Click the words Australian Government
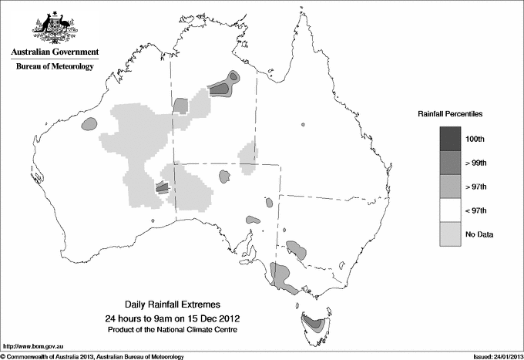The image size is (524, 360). pyautogui.click(x=55, y=52)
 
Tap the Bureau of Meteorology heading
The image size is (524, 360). pyautogui.click(x=55, y=67)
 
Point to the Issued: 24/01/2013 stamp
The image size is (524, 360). pyautogui.click(x=497, y=356)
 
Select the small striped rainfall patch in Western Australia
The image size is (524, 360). pyautogui.click(x=162, y=186)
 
